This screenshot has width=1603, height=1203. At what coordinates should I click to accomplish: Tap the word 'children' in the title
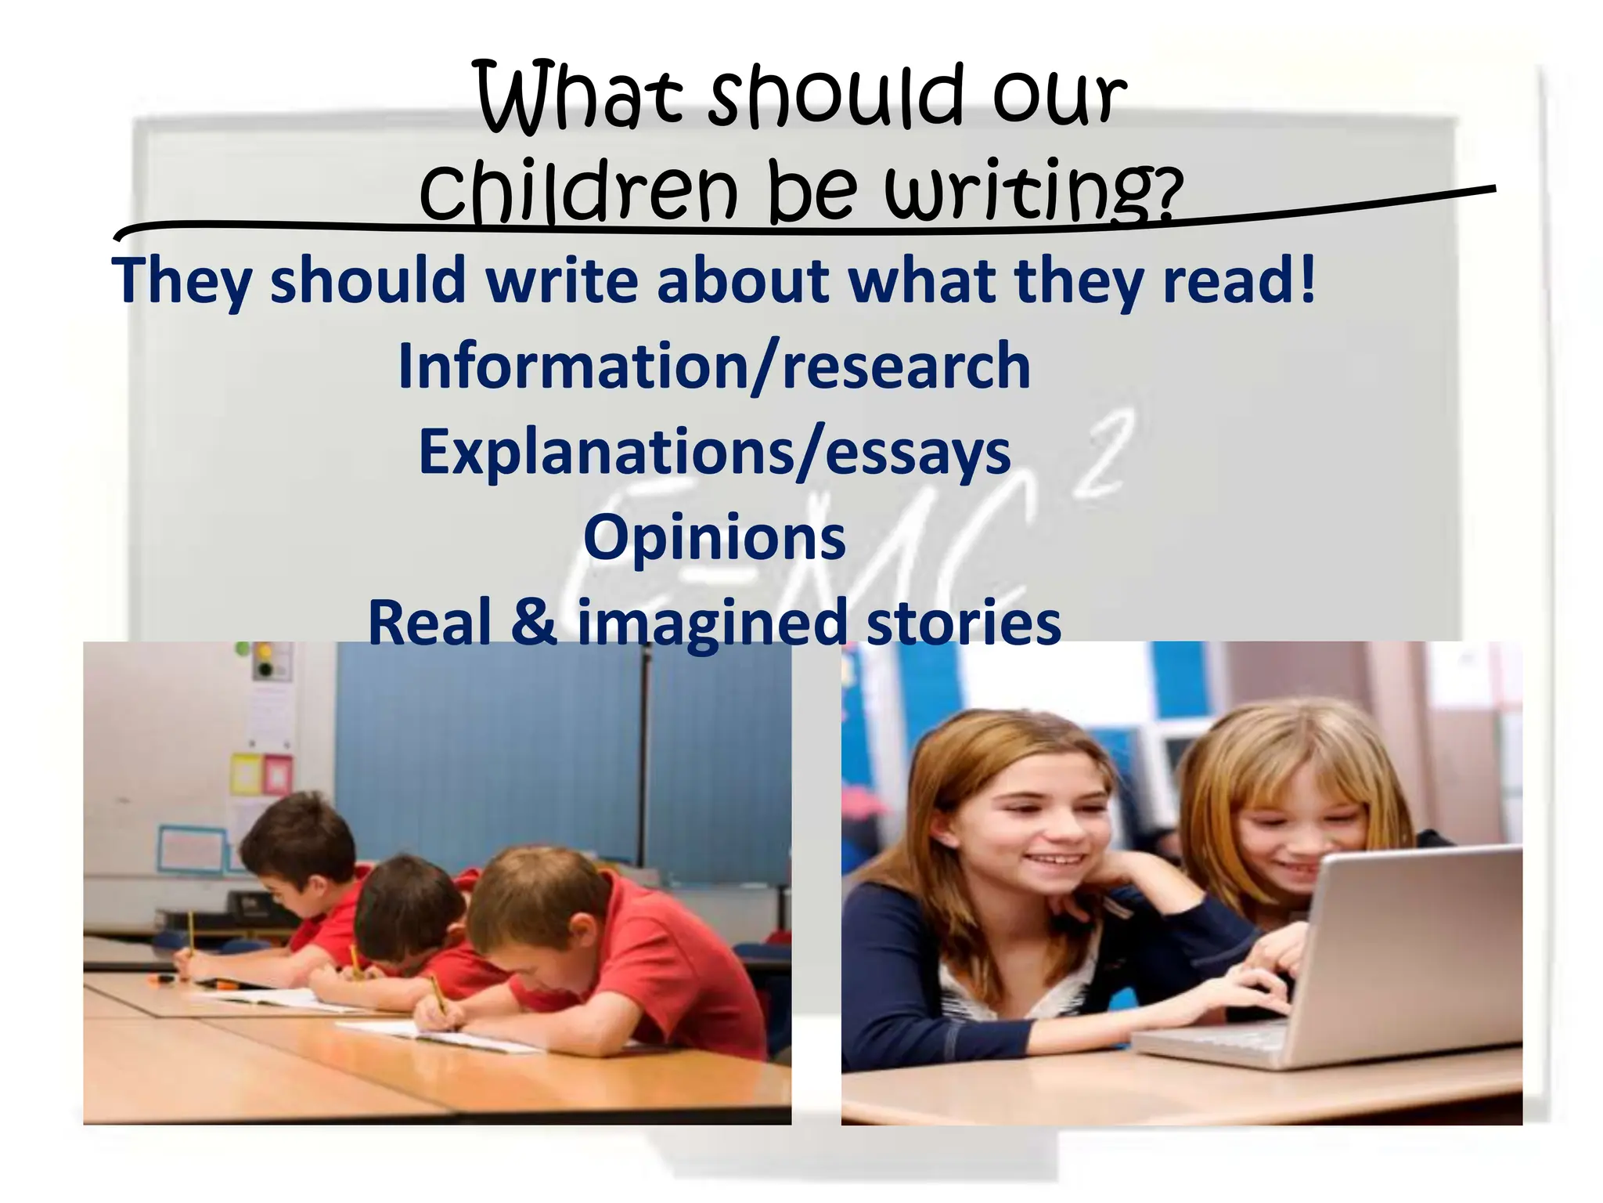(579, 190)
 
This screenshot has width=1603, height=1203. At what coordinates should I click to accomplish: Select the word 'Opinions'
(715, 538)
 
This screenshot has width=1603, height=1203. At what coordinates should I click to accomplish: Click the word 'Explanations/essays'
(715, 452)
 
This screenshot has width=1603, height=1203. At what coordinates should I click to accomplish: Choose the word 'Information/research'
(714, 366)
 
